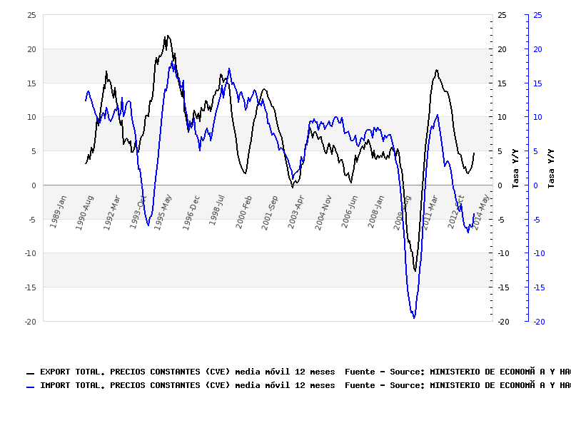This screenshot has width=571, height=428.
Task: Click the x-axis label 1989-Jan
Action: click(59, 211)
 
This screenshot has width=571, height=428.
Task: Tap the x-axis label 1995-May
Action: click(163, 211)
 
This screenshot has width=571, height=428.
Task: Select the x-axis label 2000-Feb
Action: click(244, 211)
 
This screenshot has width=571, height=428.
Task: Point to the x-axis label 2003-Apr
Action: click(297, 211)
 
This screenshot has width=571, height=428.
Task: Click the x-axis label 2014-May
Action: click(482, 211)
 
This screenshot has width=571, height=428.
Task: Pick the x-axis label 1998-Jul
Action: click(218, 211)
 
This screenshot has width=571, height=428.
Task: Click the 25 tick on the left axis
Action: click(31, 15)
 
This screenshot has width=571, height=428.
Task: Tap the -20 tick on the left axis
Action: click(29, 322)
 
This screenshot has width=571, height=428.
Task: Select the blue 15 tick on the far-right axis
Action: click(537, 83)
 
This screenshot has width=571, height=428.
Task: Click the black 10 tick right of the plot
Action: click(502, 117)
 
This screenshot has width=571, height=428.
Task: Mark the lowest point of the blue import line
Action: click(414, 318)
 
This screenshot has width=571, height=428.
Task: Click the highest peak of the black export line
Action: click(167, 36)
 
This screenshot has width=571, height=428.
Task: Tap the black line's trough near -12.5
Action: click(415, 271)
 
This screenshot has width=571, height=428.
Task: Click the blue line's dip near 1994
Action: click(148, 225)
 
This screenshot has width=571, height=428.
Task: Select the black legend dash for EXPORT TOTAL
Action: click(31, 373)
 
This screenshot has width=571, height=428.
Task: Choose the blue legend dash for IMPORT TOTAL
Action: click(31, 387)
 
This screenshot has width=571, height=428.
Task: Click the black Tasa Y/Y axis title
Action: click(516, 168)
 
